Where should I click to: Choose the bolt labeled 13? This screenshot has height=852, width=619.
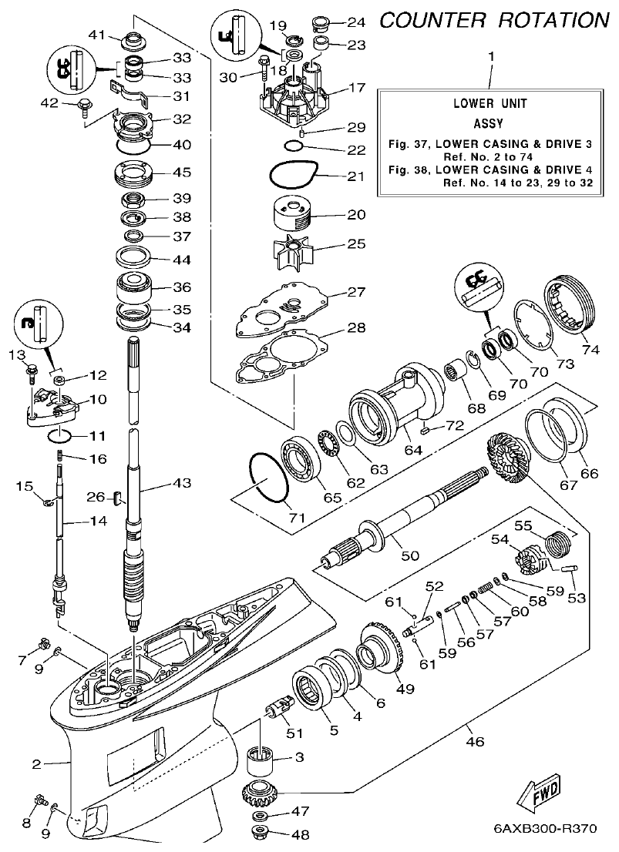coord(31,373)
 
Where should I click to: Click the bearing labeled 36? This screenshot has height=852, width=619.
coord(138,290)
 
